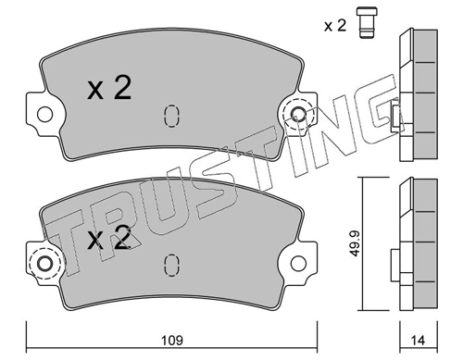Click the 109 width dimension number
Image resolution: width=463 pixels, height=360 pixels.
172,341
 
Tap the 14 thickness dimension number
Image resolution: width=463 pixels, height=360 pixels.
418,341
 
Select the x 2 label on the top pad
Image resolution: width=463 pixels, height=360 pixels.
109,88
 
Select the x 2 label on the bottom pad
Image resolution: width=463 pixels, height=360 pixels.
108,237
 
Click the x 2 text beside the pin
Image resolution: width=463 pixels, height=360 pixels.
335,26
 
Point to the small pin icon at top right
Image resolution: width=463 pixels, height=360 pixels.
367,23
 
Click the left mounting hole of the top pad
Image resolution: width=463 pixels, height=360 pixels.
45,114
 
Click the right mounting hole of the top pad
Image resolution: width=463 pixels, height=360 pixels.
298,114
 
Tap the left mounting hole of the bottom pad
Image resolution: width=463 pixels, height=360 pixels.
45,264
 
